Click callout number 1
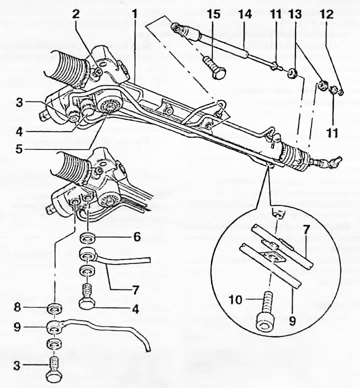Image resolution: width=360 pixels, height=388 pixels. click(x=133, y=14)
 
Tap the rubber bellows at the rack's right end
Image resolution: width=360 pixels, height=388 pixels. click(x=296, y=156)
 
